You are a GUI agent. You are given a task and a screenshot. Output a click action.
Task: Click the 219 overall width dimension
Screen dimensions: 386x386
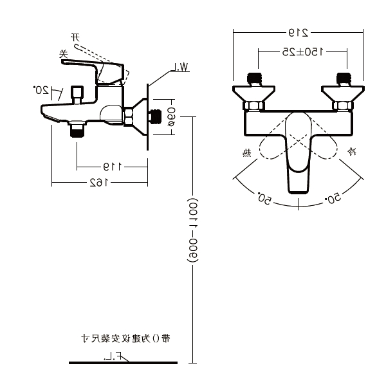click(299, 32)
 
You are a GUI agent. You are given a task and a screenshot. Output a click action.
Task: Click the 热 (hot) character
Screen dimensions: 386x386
click(246, 152)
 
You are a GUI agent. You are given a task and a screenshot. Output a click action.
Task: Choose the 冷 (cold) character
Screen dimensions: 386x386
click(351, 152)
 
